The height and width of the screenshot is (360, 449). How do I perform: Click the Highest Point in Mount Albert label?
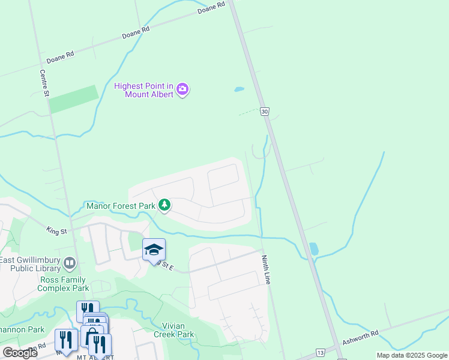(x=144, y=90)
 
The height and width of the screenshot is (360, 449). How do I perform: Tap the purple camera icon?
(x=182, y=90)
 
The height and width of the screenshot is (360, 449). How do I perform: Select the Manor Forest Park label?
(x=121, y=206)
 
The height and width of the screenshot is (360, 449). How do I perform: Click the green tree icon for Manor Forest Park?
(x=164, y=206)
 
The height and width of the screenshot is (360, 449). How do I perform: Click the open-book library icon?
(x=70, y=263)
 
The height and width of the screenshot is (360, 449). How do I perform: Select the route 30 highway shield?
(x=265, y=111)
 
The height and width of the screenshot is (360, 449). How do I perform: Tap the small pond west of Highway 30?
(x=239, y=90)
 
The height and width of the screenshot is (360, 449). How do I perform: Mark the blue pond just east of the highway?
(x=313, y=248)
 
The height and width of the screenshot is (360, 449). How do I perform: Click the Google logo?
(x=20, y=353)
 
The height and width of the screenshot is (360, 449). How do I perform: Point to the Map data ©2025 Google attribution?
(x=411, y=355)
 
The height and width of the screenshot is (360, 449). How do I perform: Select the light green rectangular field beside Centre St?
(x=74, y=99)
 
